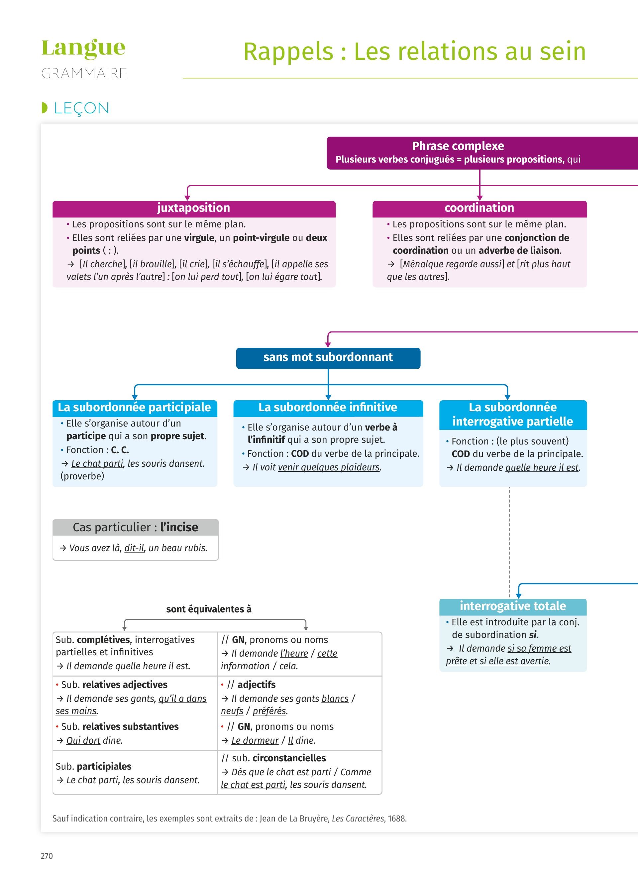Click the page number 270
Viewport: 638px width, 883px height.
point(47,856)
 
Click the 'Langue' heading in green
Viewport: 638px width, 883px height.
point(83,48)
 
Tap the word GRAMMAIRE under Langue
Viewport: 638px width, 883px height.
point(84,73)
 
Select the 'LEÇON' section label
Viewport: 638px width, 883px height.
point(81,108)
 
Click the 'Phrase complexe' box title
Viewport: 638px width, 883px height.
point(458,146)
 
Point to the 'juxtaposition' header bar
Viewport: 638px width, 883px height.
point(194,208)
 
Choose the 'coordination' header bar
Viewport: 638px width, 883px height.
point(479,208)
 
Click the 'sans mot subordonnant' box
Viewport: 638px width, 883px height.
point(328,357)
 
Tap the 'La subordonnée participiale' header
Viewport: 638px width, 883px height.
point(134,407)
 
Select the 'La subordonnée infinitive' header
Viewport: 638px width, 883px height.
point(328,407)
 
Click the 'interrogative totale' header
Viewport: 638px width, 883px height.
point(513,606)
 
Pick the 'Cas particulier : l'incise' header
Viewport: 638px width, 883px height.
point(135,527)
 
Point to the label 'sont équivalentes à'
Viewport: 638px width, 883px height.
point(209,609)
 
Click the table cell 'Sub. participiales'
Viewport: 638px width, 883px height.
point(93,766)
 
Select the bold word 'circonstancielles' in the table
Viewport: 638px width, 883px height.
point(289,758)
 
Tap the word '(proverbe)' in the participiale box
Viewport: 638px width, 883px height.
point(82,476)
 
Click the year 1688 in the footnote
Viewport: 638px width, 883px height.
point(397,819)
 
